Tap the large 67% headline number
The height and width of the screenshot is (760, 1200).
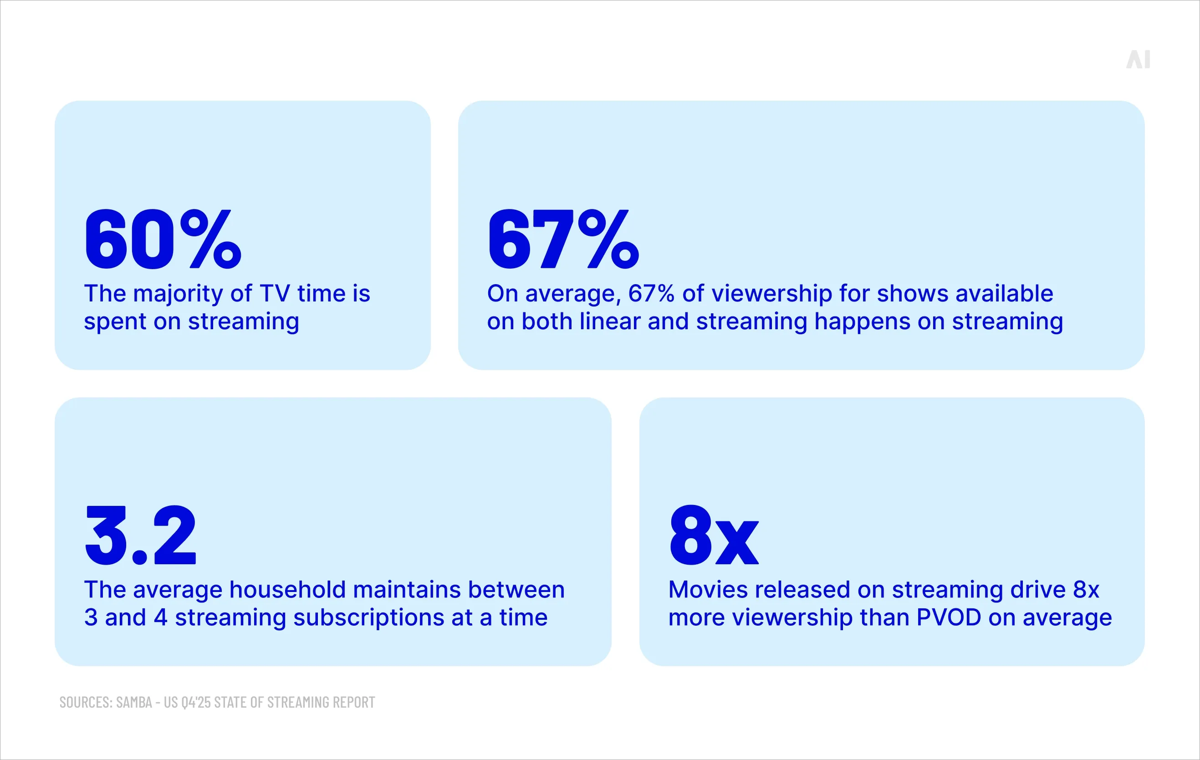point(563,239)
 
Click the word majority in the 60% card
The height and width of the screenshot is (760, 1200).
point(178,294)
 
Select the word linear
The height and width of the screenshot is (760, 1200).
point(610,321)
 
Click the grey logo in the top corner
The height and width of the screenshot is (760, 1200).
point(1138,60)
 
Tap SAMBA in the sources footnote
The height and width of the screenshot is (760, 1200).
point(134,702)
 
